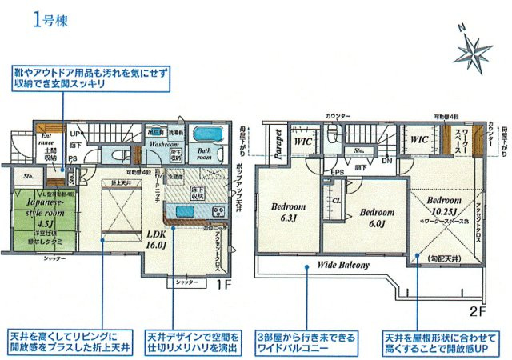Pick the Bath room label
[206, 154]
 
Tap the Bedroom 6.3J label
[287, 210]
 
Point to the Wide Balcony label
[344, 265]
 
